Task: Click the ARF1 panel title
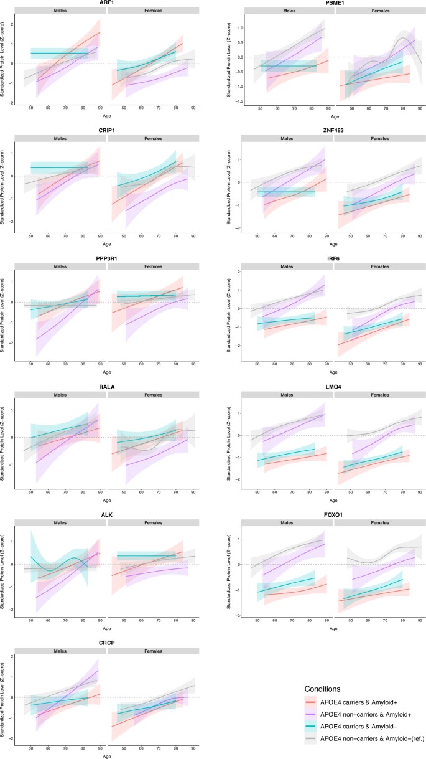pos(107,3)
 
